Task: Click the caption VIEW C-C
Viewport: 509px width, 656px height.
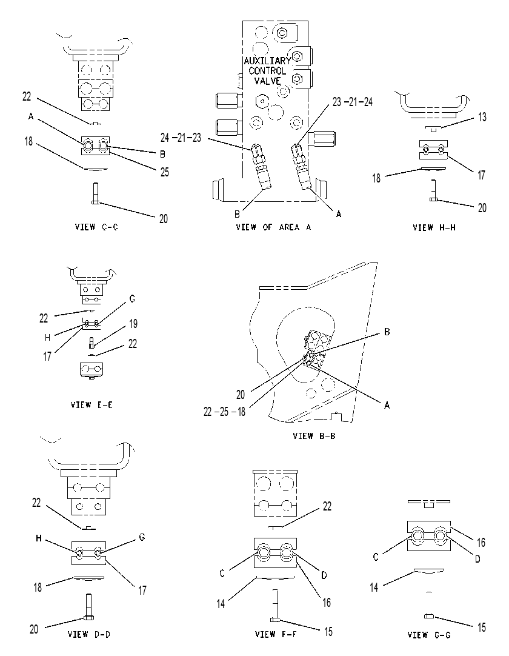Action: click(x=96, y=227)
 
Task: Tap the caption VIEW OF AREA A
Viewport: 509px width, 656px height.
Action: click(x=273, y=227)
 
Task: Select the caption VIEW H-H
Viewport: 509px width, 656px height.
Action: click(x=434, y=227)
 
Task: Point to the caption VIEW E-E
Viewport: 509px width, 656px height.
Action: click(x=91, y=405)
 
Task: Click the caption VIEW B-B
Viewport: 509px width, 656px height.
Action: click(x=314, y=436)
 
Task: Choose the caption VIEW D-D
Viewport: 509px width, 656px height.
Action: click(x=89, y=634)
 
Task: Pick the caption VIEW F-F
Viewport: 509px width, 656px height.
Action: click(x=276, y=634)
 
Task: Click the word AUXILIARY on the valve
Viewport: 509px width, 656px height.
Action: click(x=267, y=61)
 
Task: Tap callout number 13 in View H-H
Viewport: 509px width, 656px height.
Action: click(x=482, y=117)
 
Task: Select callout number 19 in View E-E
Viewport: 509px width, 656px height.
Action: click(x=133, y=324)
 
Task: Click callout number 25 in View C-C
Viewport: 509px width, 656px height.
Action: click(x=165, y=172)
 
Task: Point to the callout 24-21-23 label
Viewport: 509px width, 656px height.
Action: click(x=181, y=137)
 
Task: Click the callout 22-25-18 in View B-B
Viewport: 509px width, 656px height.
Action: click(x=225, y=412)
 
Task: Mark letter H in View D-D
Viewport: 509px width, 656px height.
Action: click(x=39, y=538)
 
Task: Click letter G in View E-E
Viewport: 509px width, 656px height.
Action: click(x=132, y=299)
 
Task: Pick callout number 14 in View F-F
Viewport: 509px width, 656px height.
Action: click(x=221, y=604)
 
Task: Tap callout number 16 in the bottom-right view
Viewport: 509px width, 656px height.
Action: click(x=481, y=543)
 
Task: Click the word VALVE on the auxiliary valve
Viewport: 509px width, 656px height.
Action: click(x=268, y=81)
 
